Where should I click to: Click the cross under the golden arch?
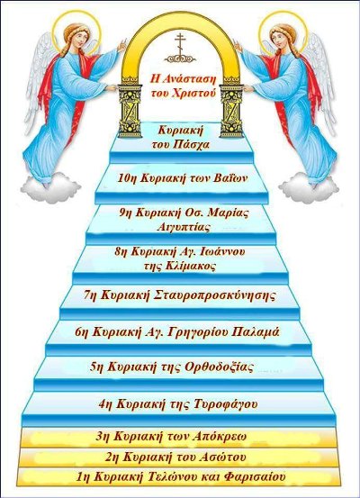click(180, 48)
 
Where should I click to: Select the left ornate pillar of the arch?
click(130, 110)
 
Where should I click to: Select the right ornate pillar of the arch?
click(231, 110)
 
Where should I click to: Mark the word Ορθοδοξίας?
click(219, 367)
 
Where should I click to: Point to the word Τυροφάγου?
click(225, 404)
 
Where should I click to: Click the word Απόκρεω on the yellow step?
click(219, 436)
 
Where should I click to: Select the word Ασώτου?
click(223, 457)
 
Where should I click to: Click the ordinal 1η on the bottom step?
click(83, 476)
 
